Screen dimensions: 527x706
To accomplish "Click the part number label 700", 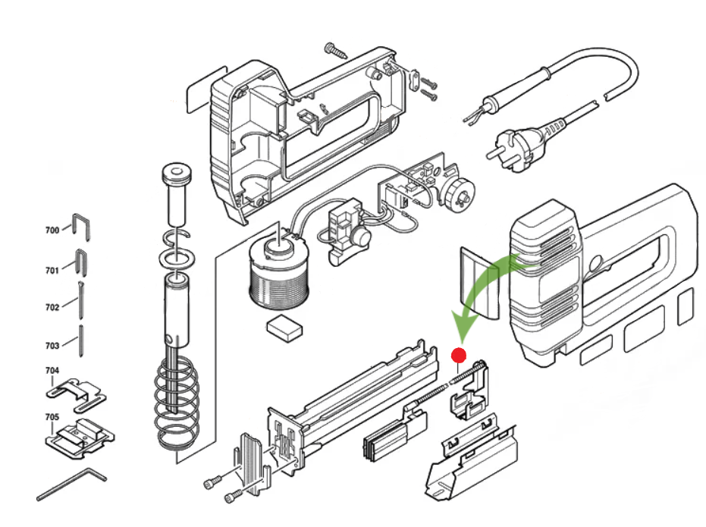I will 52,230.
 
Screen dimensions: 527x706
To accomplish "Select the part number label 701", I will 52,270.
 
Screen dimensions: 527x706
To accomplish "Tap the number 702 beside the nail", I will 52,307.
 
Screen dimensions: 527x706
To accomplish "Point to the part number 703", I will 52,346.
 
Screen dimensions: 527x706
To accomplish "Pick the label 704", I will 52,371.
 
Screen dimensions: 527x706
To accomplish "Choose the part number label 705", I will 52,417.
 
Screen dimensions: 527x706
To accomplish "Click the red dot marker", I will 458,354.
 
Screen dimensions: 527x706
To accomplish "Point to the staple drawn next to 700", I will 81,227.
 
